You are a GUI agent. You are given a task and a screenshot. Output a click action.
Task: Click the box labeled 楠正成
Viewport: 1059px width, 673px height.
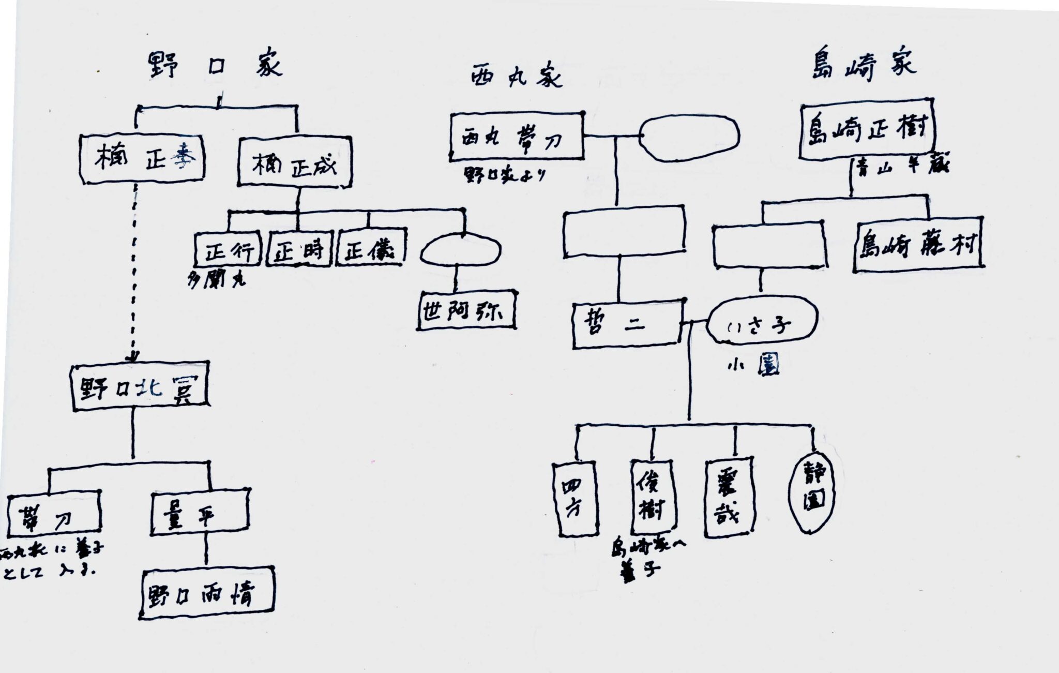[x=294, y=161]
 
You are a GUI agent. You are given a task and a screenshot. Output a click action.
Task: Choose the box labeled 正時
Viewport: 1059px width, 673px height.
[x=299, y=250]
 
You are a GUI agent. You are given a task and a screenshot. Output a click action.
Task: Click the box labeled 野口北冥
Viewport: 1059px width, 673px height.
[x=139, y=387]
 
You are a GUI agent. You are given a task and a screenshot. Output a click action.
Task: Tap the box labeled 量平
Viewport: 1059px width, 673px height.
[x=199, y=511]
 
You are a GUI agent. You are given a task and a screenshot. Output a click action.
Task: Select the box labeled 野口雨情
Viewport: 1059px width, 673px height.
[x=206, y=593]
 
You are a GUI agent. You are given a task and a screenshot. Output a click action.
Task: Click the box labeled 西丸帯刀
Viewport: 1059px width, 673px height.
[x=516, y=136]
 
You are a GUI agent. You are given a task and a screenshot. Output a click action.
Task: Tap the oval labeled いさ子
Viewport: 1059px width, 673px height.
[x=762, y=324]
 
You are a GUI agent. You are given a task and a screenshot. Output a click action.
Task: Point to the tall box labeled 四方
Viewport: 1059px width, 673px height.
[x=574, y=497]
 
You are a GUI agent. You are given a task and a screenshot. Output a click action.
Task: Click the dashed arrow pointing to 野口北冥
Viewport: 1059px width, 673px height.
[x=134, y=269]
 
